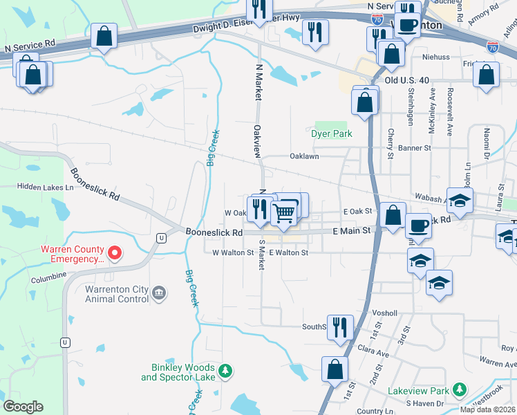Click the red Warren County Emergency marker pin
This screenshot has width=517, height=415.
(115, 254)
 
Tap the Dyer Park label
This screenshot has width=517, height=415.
(332, 133)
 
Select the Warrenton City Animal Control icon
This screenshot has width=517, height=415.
(160, 294)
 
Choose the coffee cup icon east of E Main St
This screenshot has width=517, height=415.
(419, 225)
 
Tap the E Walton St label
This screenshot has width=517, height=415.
(288, 253)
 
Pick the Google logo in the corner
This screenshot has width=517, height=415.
(23, 407)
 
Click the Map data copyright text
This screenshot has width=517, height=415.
(487, 409)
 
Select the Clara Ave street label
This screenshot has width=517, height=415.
(373, 353)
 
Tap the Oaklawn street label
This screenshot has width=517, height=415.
(304, 156)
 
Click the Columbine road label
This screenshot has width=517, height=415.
(48, 281)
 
